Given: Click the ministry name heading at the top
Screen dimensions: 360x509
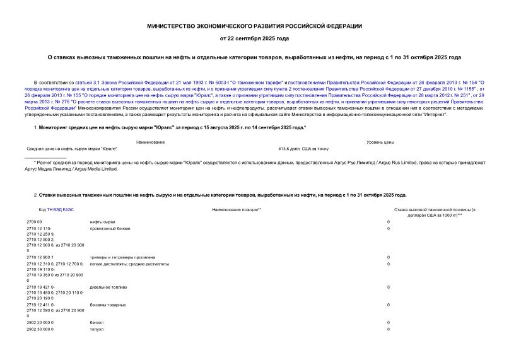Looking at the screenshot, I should coord(254,26).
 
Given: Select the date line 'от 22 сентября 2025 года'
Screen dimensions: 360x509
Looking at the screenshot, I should coord(254,38).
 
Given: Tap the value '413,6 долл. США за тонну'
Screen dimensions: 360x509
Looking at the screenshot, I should coord(303,149).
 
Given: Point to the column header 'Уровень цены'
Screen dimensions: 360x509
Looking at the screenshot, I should coord(380,142).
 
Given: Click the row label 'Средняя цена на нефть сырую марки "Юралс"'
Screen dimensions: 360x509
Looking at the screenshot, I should coord(72,149).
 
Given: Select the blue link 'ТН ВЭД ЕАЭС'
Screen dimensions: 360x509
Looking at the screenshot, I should coord(60,209).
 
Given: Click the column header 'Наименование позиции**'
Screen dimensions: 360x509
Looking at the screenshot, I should coord(237,209).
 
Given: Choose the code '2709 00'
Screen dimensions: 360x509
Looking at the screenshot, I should coord(34,222).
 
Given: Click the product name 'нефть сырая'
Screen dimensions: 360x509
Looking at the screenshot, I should coord(103,222).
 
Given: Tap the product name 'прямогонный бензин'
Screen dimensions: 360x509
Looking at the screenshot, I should coord(110,228).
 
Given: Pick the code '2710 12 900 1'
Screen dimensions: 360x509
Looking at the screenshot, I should coord(40,257).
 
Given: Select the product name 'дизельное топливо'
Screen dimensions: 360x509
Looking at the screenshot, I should coord(108,287).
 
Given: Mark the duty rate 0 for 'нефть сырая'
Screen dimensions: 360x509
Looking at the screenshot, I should coord(388,222).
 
